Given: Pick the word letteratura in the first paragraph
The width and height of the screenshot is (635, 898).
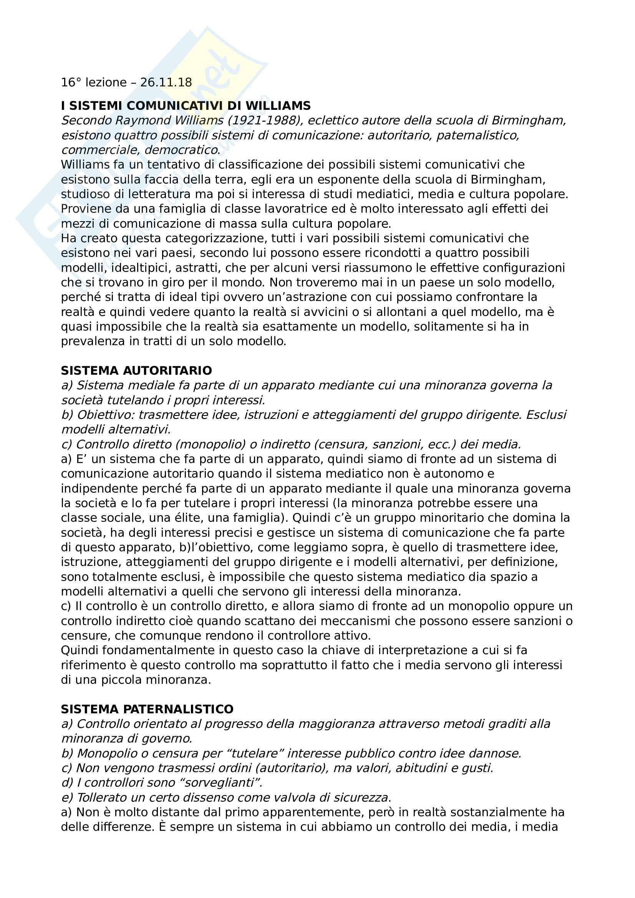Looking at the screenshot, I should (162, 194).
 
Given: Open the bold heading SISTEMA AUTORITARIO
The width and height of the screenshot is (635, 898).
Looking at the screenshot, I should (136, 370).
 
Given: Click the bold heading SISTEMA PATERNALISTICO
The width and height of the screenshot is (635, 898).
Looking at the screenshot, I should (147, 709).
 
